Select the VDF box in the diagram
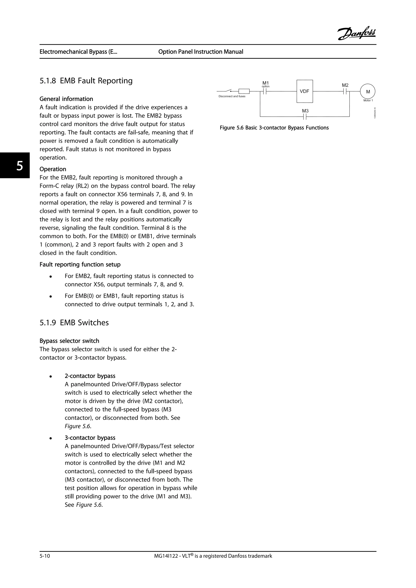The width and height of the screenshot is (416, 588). (x=304, y=91)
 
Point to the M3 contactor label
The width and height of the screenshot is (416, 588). (x=305, y=111)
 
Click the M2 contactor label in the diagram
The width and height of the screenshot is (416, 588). (x=345, y=85)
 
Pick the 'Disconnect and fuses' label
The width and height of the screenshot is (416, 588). (x=232, y=96)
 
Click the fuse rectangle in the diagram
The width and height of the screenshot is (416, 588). (x=244, y=91)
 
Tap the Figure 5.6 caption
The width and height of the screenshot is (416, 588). (x=274, y=128)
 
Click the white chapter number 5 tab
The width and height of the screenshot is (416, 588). (x=19, y=166)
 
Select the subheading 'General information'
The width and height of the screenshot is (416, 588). (x=66, y=99)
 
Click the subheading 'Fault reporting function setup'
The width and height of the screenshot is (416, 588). (x=80, y=264)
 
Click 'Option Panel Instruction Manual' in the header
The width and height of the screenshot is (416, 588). (x=200, y=52)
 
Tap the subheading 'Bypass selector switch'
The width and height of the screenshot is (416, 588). (x=69, y=341)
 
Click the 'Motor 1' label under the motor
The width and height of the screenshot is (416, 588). (x=368, y=100)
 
